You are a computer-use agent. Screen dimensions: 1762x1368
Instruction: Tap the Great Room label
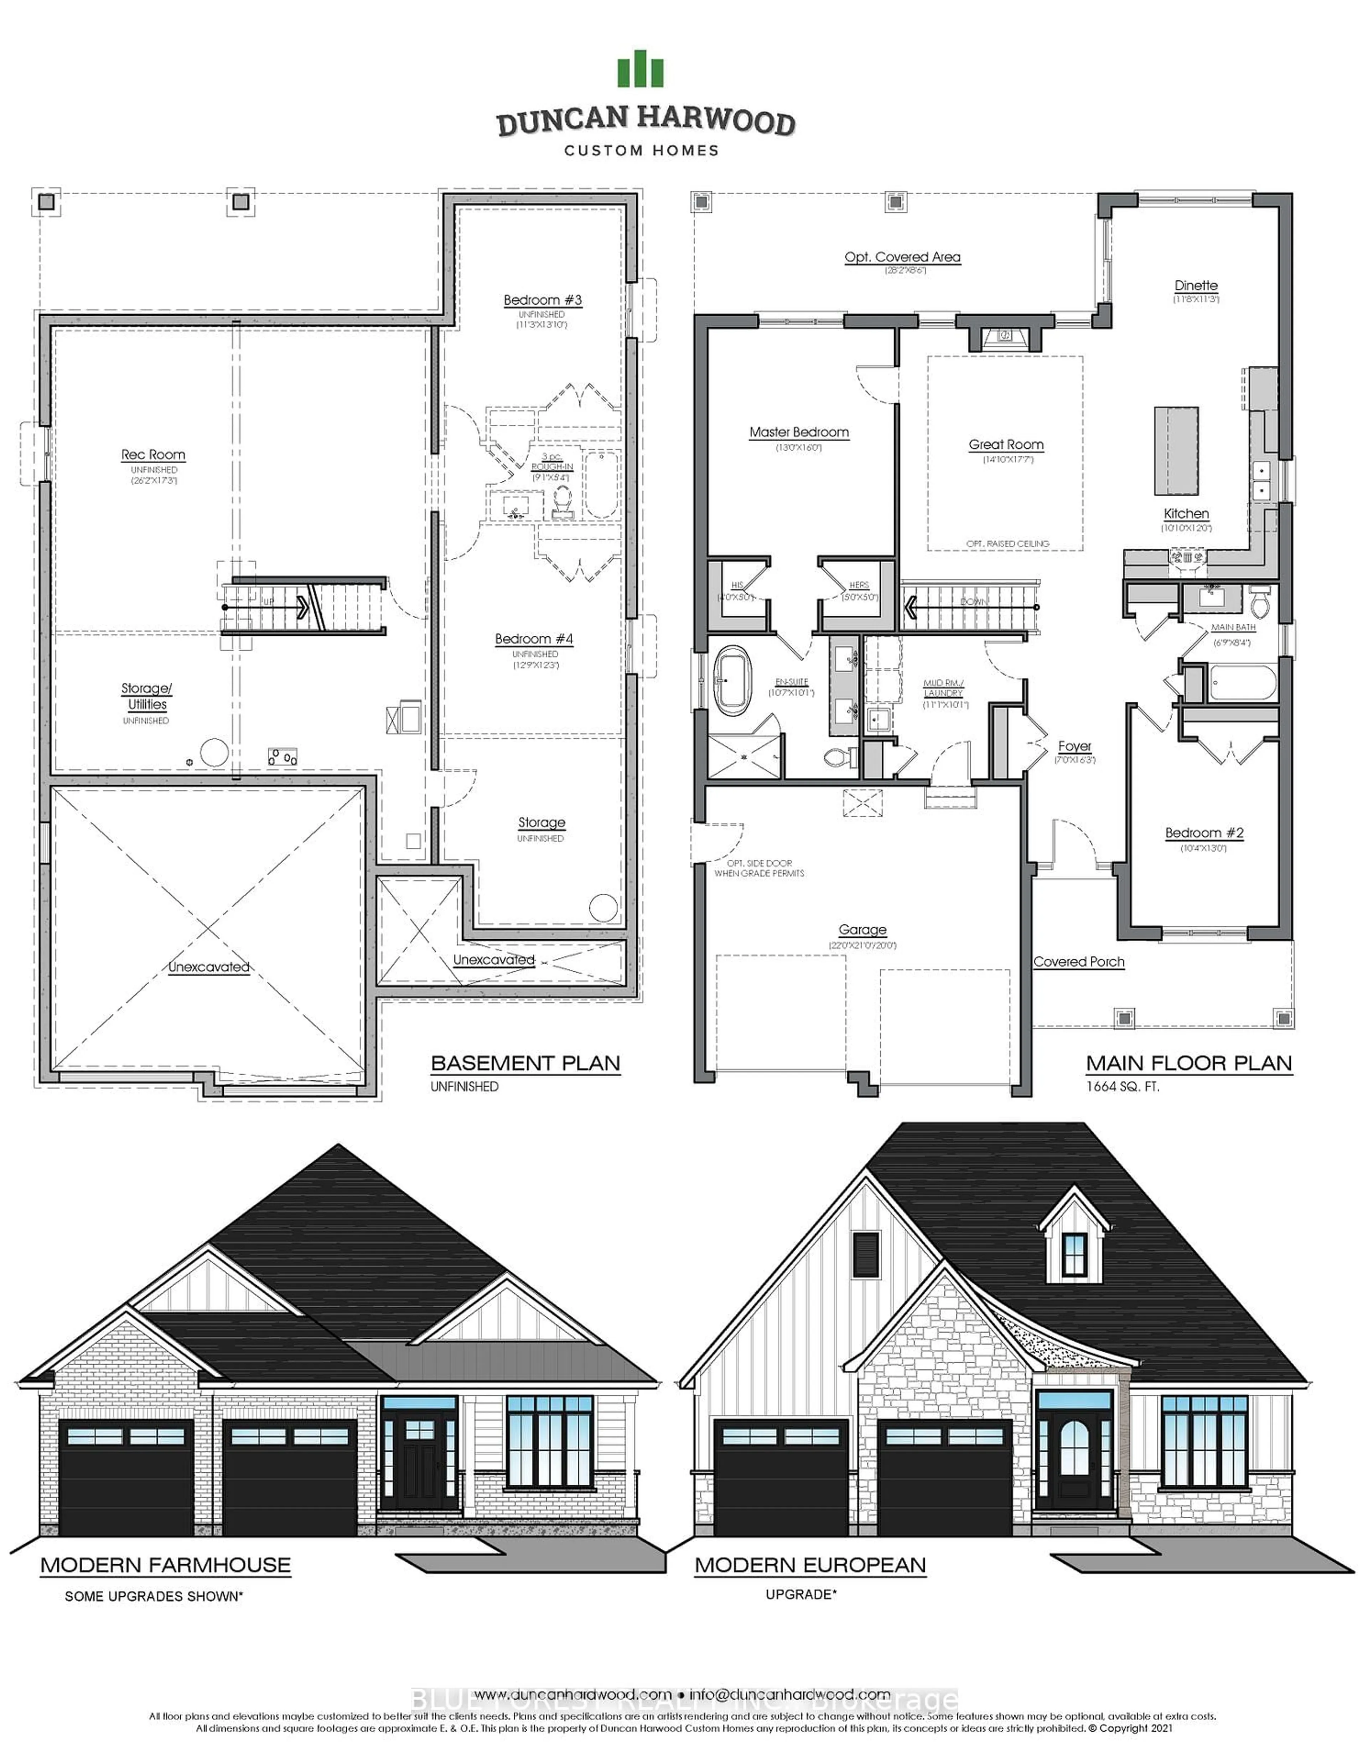coord(1006,445)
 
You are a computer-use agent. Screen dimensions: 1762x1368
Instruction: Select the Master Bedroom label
coord(799,433)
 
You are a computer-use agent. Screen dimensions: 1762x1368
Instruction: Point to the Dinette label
coord(1195,286)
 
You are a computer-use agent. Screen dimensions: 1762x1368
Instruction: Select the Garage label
coord(861,929)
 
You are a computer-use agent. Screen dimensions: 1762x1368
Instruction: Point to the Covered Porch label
coord(1078,962)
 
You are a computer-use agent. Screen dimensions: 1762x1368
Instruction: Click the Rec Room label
coord(153,455)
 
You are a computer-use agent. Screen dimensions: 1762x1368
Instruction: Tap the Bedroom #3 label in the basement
coord(542,300)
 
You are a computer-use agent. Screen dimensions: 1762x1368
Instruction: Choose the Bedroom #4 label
coord(534,639)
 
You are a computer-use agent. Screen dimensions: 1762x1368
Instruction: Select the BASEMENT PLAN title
coord(525,1063)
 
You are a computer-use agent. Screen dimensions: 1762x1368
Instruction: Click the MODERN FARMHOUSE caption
coord(165,1565)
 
